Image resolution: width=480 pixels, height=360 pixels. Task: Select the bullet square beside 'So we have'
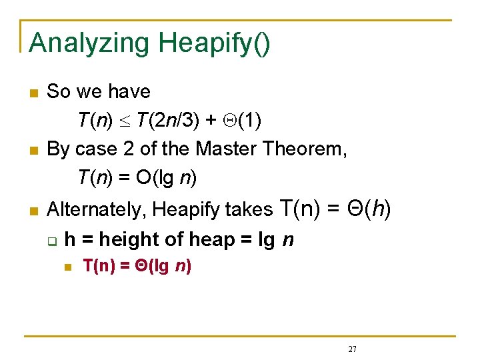click(34, 92)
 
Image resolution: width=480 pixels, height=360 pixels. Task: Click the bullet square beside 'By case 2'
click(34, 150)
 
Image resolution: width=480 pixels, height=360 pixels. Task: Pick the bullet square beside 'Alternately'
click(34, 211)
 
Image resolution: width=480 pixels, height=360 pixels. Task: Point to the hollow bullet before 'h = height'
click(53, 240)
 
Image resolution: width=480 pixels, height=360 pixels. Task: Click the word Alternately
click(98, 210)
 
